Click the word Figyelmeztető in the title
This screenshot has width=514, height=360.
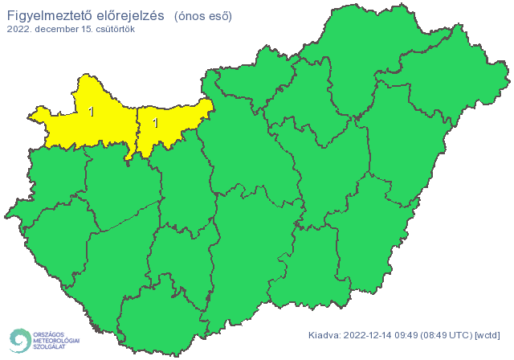(47, 14)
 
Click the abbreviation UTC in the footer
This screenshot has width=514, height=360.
(462, 335)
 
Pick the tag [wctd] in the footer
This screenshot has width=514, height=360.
(488, 335)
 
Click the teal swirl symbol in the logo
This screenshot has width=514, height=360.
(19, 340)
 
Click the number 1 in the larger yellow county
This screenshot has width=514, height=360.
(92, 112)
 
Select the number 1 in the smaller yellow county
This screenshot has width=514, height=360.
(156, 123)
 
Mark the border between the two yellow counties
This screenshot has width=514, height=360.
(137, 129)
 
